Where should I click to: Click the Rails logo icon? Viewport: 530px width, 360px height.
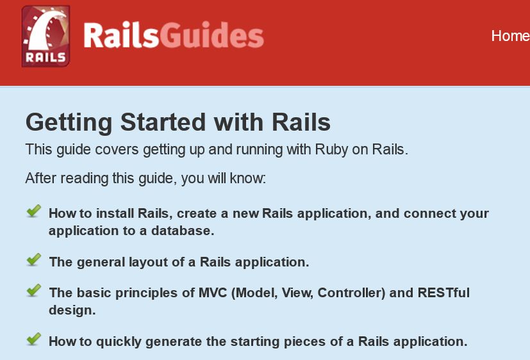[x=46, y=36]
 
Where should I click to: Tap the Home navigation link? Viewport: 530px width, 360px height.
[x=510, y=36]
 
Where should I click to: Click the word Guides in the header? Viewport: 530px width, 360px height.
[x=211, y=36]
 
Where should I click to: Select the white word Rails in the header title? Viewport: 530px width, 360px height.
[x=121, y=35]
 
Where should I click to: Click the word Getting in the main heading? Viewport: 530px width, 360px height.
[x=69, y=123]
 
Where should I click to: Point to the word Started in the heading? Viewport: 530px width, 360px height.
[x=163, y=122]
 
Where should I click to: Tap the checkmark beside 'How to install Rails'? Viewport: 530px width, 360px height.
[x=33, y=211]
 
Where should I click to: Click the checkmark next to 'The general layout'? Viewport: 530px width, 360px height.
[x=33, y=259]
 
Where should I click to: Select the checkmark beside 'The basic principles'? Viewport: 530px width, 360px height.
[x=33, y=290]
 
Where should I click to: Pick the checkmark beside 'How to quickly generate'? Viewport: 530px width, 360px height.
[x=33, y=340]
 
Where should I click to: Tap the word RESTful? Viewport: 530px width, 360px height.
[x=444, y=293]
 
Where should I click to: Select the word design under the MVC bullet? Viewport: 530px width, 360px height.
[x=72, y=310]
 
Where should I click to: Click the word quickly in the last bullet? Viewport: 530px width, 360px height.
[x=119, y=342]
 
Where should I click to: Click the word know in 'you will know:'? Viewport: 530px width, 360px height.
[x=248, y=178]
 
